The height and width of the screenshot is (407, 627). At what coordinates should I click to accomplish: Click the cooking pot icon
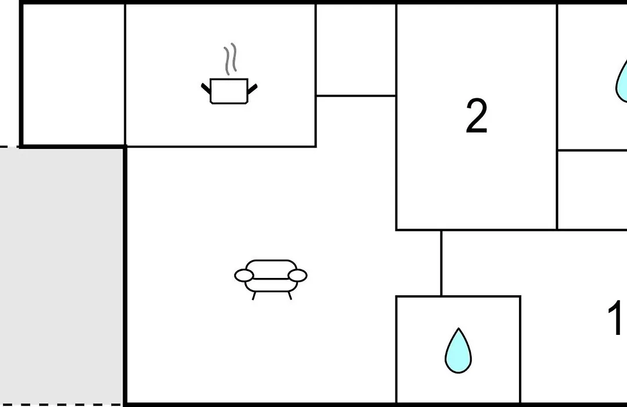point(229,91)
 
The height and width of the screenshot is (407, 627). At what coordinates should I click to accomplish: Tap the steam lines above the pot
point(230,59)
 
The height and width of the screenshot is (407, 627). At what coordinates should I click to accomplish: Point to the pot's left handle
point(206,89)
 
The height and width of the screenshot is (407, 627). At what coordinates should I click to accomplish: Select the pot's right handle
point(253,89)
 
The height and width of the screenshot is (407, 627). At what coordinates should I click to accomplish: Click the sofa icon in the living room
point(271,279)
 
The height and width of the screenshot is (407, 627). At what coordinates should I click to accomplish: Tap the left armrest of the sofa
point(244,276)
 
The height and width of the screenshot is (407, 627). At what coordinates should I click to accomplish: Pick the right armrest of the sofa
point(297,276)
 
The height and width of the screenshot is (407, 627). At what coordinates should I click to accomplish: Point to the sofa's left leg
point(254,295)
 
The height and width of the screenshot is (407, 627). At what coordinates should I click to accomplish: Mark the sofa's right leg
point(290,295)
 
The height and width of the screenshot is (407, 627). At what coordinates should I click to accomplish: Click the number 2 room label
point(477,116)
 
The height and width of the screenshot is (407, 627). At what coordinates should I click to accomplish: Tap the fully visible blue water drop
point(458,351)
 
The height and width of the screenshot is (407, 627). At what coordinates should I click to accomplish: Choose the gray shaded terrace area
point(61,276)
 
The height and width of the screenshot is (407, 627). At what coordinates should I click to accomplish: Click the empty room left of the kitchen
point(73,74)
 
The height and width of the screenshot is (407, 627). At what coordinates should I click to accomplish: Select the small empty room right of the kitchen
point(356,49)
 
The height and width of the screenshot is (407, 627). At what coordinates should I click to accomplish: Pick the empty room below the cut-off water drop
point(592,190)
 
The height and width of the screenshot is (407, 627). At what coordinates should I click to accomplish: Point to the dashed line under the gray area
point(61,405)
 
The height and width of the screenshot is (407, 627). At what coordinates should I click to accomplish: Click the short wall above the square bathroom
point(441,263)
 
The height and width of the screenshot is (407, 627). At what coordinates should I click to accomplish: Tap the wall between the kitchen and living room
point(221,147)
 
